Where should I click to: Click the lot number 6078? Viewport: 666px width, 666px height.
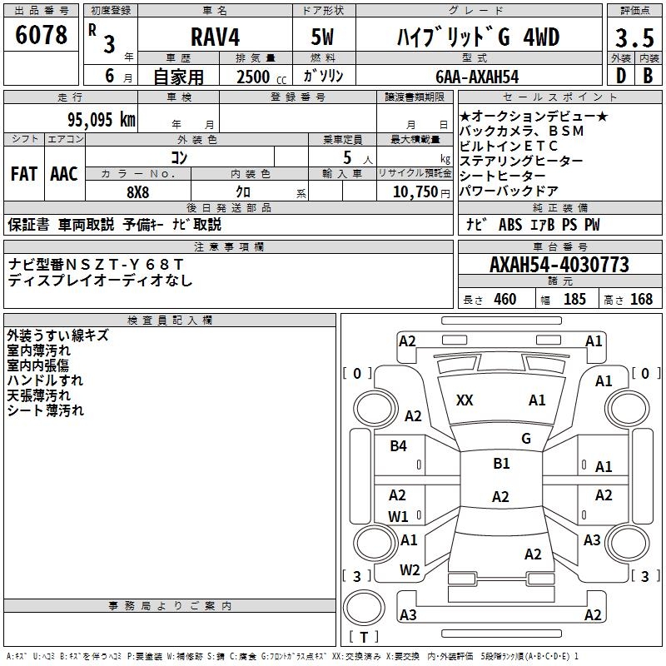click(x=41, y=35)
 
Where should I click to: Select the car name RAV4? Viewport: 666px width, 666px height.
click(x=215, y=37)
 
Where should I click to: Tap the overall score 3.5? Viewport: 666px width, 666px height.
click(x=634, y=38)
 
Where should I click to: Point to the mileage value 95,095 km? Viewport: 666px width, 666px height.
click(x=102, y=120)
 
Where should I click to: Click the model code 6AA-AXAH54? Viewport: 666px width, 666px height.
click(x=477, y=77)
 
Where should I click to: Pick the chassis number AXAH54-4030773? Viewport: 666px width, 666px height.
click(x=559, y=265)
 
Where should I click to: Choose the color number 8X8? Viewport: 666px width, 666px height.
click(x=138, y=192)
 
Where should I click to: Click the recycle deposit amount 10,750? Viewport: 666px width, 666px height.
click(x=415, y=192)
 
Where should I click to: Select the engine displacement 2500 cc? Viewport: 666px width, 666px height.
click(x=261, y=77)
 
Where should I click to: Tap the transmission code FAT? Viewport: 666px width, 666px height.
click(x=24, y=174)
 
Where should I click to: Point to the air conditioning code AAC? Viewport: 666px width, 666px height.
click(x=64, y=174)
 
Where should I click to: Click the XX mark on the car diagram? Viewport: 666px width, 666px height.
click(x=465, y=400)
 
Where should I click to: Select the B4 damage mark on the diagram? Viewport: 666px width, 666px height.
click(x=398, y=445)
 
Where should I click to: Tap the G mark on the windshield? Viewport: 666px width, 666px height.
click(x=526, y=439)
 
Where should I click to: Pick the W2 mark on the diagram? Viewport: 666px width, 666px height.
click(x=410, y=570)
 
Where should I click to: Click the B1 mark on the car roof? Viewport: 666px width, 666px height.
click(x=501, y=463)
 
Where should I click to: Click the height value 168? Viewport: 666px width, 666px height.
click(x=641, y=299)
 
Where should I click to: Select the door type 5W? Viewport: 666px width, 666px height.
click(x=322, y=37)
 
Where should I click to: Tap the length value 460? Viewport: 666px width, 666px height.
click(x=505, y=299)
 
